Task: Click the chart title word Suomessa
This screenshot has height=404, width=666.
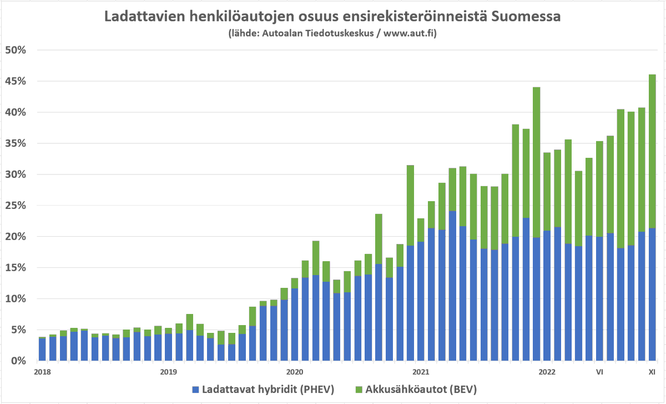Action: click(x=523, y=17)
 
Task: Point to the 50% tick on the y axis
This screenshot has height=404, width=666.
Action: click(x=16, y=50)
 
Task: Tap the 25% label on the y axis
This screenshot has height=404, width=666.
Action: click(x=16, y=206)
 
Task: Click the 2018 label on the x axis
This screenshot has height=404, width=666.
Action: click(x=42, y=371)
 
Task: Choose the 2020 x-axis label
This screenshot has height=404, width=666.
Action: click(x=294, y=371)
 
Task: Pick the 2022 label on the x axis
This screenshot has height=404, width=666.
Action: click(x=547, y=371)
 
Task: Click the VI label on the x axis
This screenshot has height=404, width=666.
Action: click(x=599, y=371)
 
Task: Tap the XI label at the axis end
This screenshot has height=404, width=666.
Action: click(x=653, y=371)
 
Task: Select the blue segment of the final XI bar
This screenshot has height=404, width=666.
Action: click(x=652, y=295)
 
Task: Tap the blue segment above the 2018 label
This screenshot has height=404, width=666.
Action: click(x=42, y=350)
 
